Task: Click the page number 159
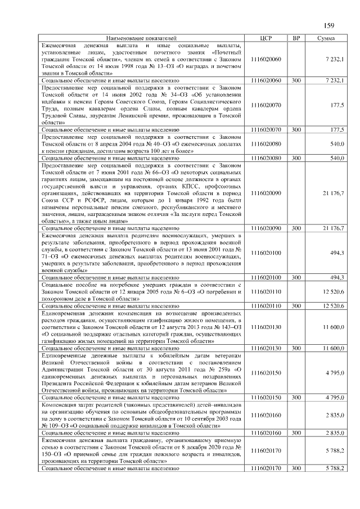tap(329, 24)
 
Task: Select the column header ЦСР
tap(267, 38)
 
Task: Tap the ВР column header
tap(296, 38)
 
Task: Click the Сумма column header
tap(327, 38)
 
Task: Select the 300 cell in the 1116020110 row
tap(296, 305)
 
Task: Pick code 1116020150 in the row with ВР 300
tap(267, 397)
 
